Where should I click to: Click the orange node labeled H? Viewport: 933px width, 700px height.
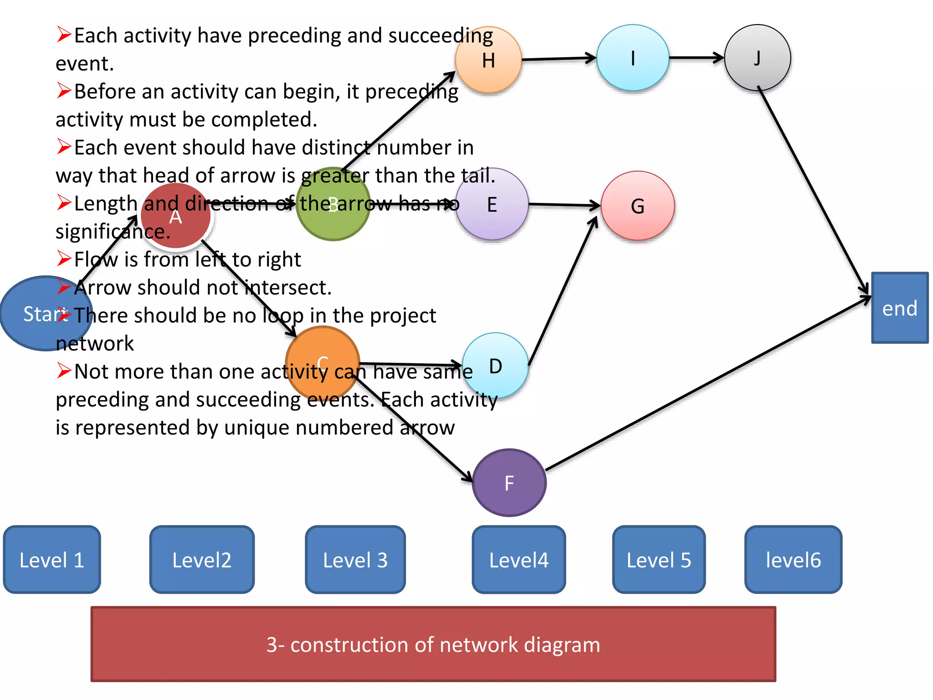pos(488,60)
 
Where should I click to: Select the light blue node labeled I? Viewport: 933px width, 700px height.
pos(633,58)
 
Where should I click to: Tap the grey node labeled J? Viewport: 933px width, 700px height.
pos(757,58)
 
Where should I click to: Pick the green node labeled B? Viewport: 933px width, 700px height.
pos(333,205)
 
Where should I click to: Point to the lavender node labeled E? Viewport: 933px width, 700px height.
pos(492,205)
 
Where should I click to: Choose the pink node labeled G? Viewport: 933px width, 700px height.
pos(638,206)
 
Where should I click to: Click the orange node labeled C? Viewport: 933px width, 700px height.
pos(323,363)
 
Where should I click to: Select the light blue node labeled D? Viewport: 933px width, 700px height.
pos(496,366)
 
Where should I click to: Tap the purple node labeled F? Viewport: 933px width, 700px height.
pos(509,483)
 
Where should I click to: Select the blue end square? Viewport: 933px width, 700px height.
pos(900,308)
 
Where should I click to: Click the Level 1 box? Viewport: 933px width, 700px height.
pos(52,560)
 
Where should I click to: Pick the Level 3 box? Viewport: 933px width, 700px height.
pos(355,560)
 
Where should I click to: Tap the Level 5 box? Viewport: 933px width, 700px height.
pos(659,560)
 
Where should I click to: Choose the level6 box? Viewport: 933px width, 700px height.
pos(793,560)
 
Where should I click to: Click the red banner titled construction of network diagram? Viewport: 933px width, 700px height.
pos(433,644)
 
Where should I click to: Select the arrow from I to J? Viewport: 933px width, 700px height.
pos(696,58)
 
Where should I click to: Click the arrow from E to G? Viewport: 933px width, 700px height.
pos(564,205)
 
